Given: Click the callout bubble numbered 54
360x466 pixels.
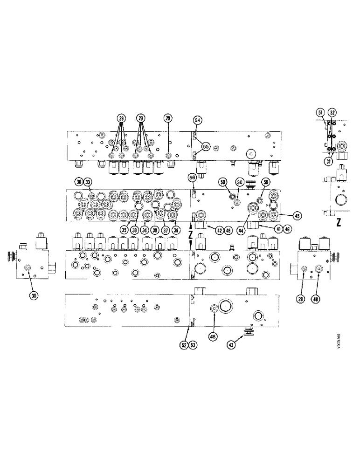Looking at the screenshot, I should (x=198, y=121).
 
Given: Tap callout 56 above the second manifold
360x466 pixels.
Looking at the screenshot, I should (x=192, y=177).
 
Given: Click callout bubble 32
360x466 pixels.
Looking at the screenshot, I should (x=332, y=112).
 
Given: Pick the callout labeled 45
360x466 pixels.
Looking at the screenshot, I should (x=297, y=215).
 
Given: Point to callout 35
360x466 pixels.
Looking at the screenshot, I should (x=124, y=229).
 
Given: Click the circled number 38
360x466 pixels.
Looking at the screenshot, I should (x=135, y=229).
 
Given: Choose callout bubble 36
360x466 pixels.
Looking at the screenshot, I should (x=176, y=229).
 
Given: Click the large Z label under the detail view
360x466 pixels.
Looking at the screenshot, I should (x=339, y=222).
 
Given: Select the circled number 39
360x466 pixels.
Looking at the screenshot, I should (x=155, y=229).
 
